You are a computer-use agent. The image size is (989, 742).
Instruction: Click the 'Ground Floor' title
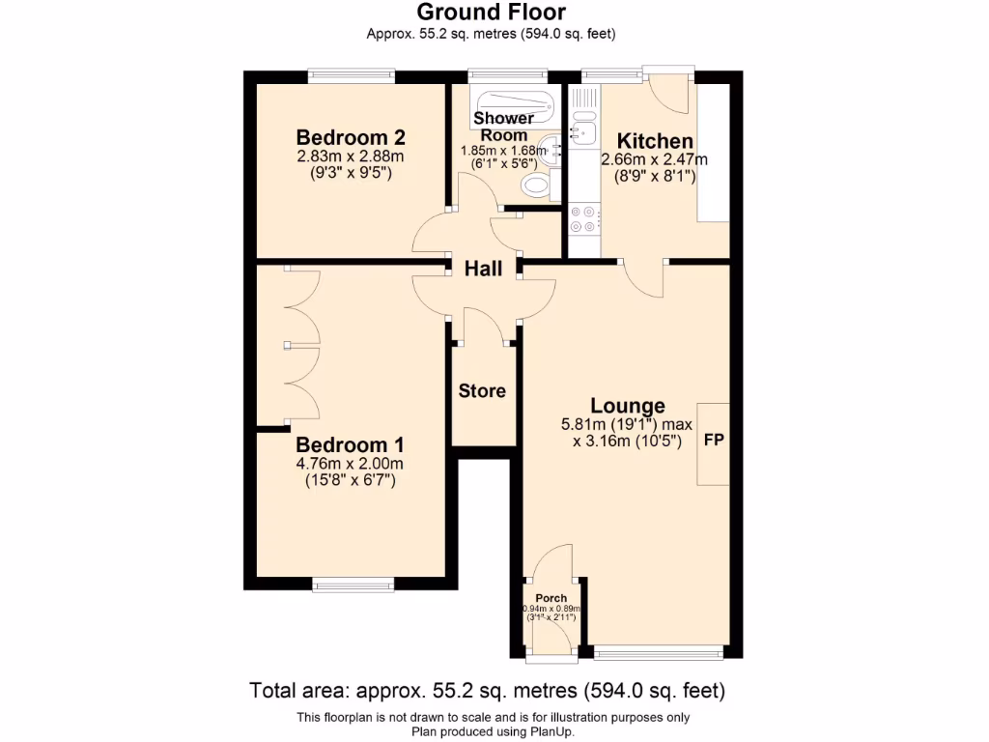491,13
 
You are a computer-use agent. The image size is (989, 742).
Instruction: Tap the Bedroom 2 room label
351,137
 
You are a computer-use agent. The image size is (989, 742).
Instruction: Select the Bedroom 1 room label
350,445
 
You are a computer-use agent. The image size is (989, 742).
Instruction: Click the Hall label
483,270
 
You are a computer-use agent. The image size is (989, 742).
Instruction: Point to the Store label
482,391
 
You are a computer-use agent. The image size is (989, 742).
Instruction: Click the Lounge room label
628,407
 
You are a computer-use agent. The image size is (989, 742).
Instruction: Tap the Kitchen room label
655,141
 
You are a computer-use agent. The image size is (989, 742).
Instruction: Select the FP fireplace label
714,441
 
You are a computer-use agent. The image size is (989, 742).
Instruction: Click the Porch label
551,598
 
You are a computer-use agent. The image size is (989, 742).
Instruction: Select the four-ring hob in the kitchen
583,219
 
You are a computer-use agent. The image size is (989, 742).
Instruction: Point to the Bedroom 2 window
351,74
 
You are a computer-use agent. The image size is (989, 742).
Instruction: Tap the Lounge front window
659,653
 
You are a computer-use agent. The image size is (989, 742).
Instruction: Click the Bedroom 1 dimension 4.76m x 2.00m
350,463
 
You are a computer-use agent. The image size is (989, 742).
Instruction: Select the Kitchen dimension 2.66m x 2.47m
655,159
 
